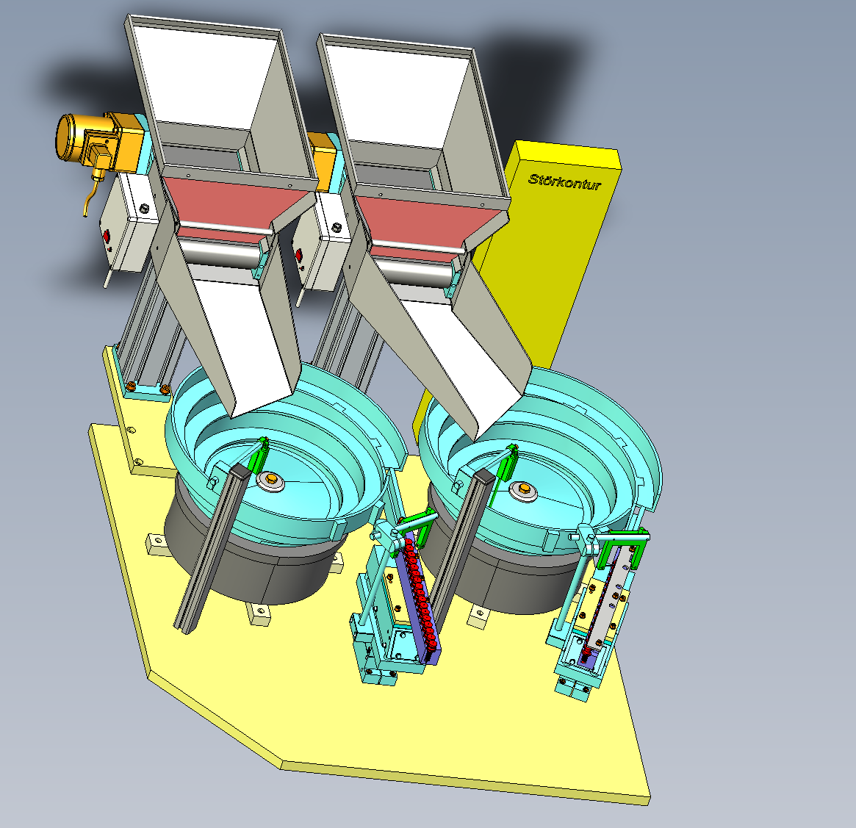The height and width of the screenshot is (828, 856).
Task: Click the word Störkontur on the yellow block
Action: click(564, 181)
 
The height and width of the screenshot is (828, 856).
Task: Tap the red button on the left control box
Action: click(106, 237)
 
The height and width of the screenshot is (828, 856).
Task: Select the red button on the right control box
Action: click(298, 255)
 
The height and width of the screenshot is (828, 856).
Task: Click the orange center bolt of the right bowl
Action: click(524, 488)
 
